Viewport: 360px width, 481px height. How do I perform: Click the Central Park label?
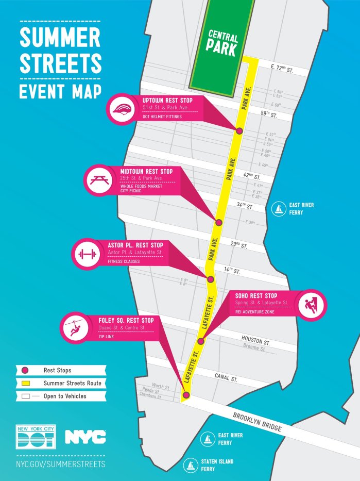pos(222,42)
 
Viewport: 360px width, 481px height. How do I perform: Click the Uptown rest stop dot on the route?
pos(239,131)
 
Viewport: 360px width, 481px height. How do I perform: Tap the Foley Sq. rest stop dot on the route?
pos(186,395)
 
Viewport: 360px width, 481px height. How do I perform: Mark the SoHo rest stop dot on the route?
pos(201,341)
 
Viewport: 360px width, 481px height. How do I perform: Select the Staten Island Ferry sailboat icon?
pos(191,466)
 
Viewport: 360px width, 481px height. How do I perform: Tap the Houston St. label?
pos(255,341)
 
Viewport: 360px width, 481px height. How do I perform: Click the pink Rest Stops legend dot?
pos(24,370)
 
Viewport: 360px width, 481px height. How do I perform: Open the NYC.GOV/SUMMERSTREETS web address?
pos(60,464)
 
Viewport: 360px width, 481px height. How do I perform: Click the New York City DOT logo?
pos(36,437)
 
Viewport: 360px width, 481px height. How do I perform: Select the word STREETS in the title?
pos(60,63)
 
